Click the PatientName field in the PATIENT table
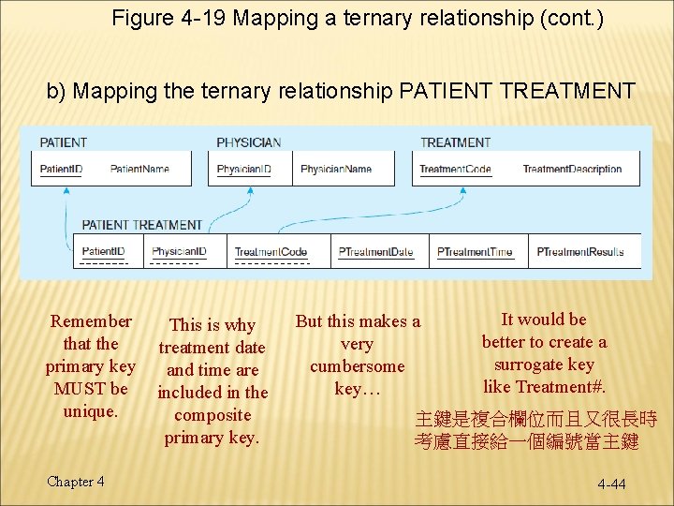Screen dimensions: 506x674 pyautogui.click(x=139, y=170)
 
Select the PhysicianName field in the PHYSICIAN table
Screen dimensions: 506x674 pyautogui.click(x=336, y=170)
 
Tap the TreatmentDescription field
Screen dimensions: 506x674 pyautogui.click(x=572, y=170)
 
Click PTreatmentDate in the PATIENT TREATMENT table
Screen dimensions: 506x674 pyautogui.click(x=376, y=252)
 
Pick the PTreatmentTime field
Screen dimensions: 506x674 pyautogui.click(x=476, y=252)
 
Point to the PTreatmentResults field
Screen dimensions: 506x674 pyautogui.click(x=580, y=252)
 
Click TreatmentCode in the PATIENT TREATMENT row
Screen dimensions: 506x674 pyautogui.click(x=271, y=252)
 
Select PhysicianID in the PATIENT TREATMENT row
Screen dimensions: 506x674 pyautogui.click(x=180, y=252)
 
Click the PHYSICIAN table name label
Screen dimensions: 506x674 pyautogui.click(x=249, y=142)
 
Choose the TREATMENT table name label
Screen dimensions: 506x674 pyautogui.click(x=455, y=142)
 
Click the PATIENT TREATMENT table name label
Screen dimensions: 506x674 pyautogui.click(x=142, y=225)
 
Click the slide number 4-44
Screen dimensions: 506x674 pyautogui.click(x=612, y=484)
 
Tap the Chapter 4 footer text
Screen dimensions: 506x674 pyautogui.click(x=76, y=482)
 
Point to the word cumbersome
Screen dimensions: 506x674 pyautogui.click(x=358, y=366)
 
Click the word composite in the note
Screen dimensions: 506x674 pyautogui.click(x=212, y=415)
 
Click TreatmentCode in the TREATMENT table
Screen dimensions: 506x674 pyautogui.click(x=455, y=170)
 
